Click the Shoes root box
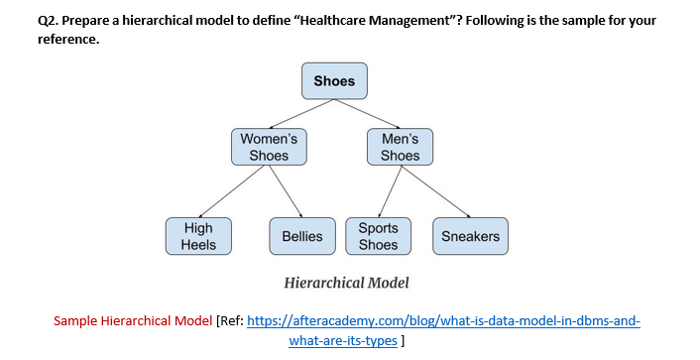point(334,81)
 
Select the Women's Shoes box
point(269,147)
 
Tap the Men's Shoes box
point(400,147)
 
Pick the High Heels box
point(198,236)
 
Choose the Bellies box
point(301,236)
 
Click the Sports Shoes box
point(378,236)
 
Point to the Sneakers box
point(470,236)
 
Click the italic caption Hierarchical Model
point(346,283)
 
